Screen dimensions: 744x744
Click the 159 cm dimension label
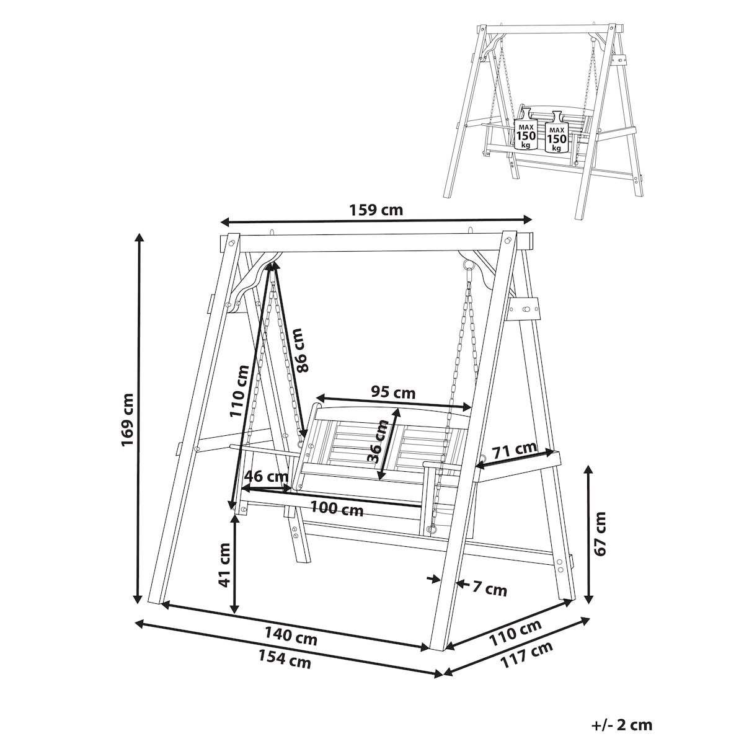(x=376, y=210)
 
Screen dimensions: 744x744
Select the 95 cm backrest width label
(x=393, y=392)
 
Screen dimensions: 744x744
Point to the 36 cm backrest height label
(x=376, y=441)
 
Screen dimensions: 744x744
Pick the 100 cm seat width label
(x=337, y=508)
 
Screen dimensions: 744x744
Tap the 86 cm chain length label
(x=301, y=350)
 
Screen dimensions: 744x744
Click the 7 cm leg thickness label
(x=489, y=589)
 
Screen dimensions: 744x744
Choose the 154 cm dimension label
(x=285, y=659)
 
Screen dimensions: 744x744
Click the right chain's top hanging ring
(x=468, y=265)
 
